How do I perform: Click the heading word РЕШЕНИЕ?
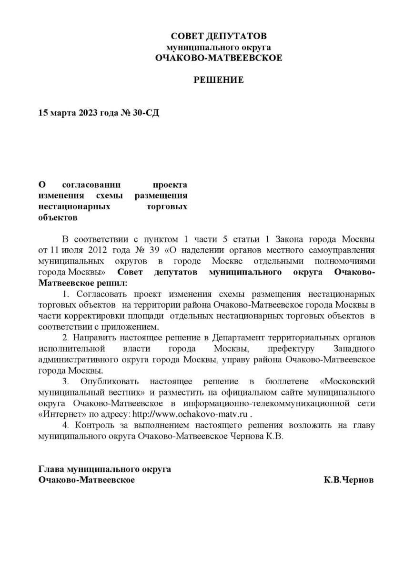(x=219, y=80)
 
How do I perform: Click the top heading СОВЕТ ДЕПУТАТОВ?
(x=219, y=36)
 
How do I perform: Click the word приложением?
(x=135, y=327)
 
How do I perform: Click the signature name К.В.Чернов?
(x=349, y=480)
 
